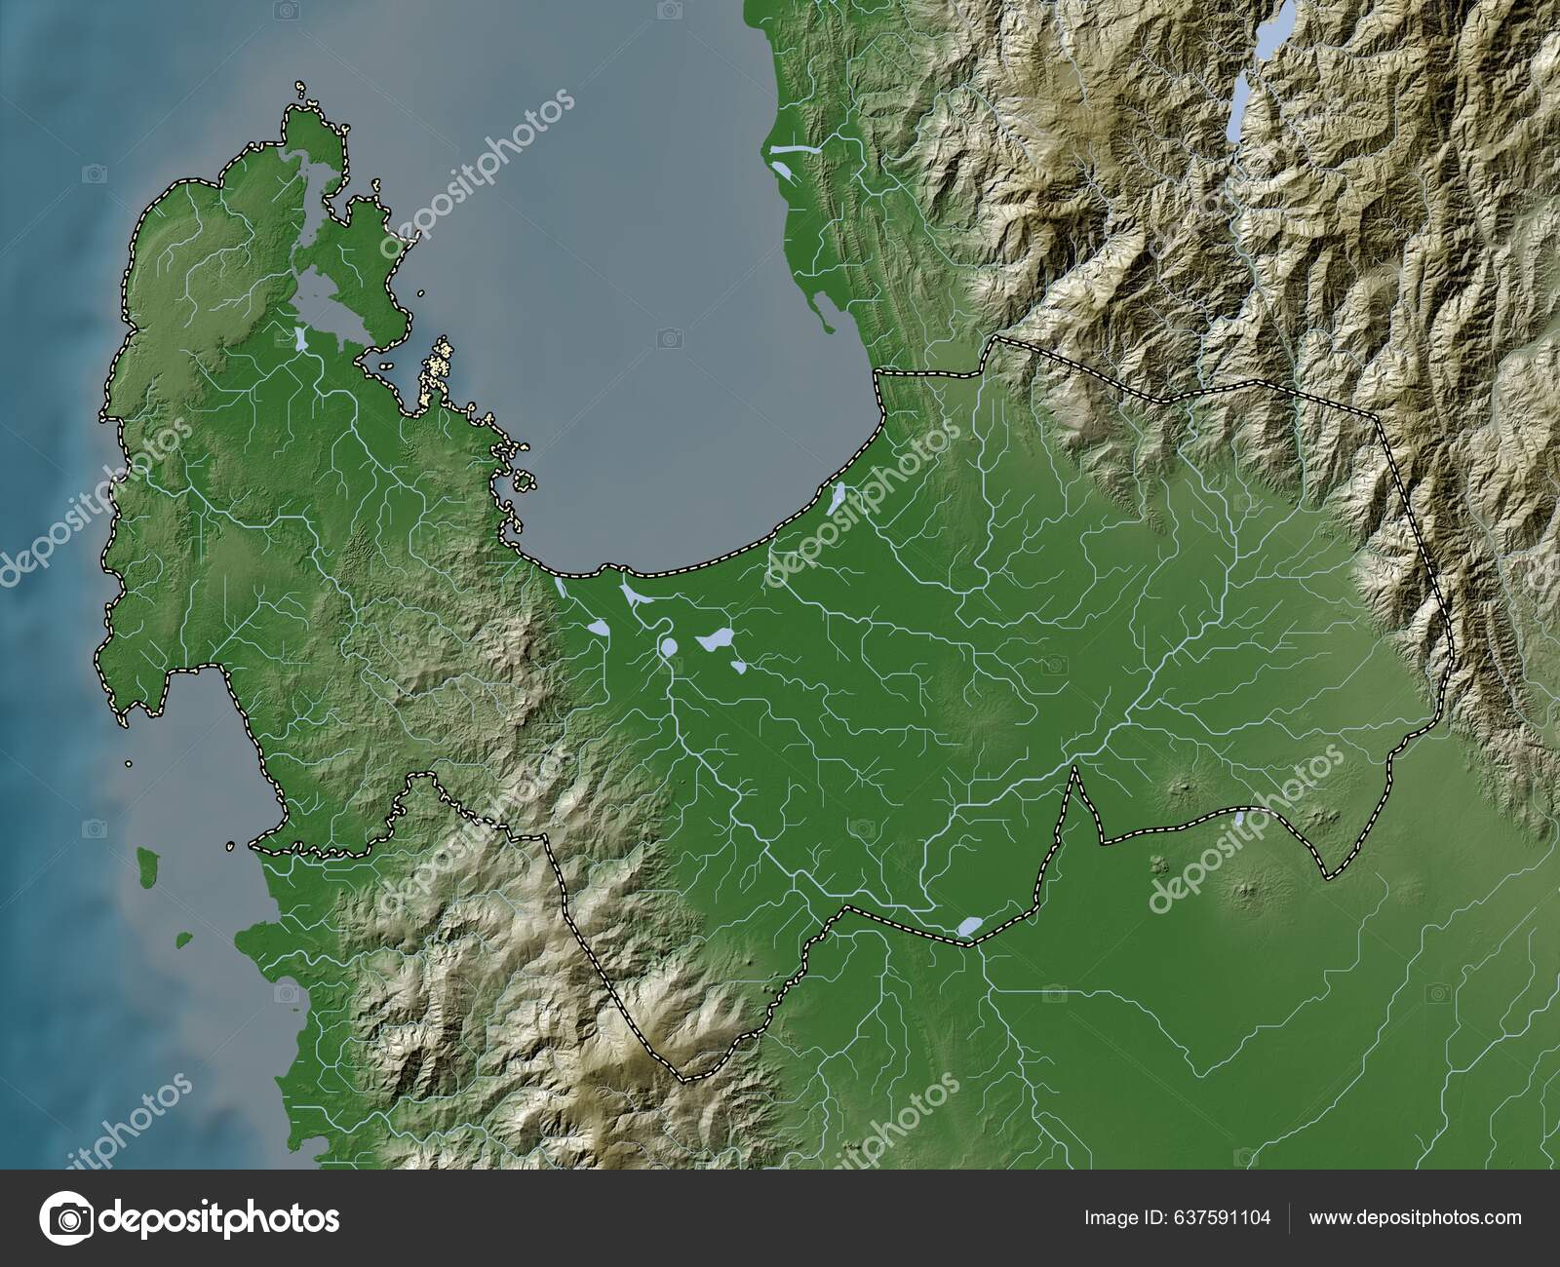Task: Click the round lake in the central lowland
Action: click(x=669, y=646)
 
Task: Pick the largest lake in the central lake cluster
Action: click(x=716, y=639)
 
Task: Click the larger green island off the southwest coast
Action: click(x=148, y=861)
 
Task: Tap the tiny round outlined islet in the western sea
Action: click(x=128, y=764)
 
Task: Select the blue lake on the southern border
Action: click(x=970, y=926)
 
